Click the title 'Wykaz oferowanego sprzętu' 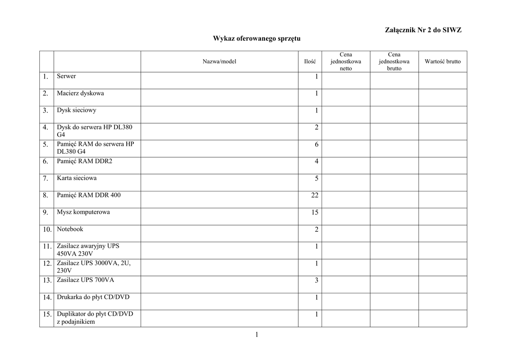point(257,38)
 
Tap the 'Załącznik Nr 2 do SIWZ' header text point(423,30)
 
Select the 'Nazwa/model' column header point(219,62)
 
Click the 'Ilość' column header point(310,62)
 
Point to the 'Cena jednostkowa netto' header point(345,62)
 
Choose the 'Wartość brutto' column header point(442,62)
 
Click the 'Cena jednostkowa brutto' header point(394,62)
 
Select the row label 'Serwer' point(67,77)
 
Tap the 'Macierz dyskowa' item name point(81,93)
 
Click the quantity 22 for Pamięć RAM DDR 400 point(315,196)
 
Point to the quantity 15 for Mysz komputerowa point(315,213)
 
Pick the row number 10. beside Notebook point(47,230)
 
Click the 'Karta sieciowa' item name point(77,178)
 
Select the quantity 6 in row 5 point(316,145)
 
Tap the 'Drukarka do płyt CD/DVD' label point(93,297)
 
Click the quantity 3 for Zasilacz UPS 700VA point(316,281)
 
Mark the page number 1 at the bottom point(257,335)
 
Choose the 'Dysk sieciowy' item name point(77,110)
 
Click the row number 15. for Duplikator point(47,315)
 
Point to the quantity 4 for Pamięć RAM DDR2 point(316,162)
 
